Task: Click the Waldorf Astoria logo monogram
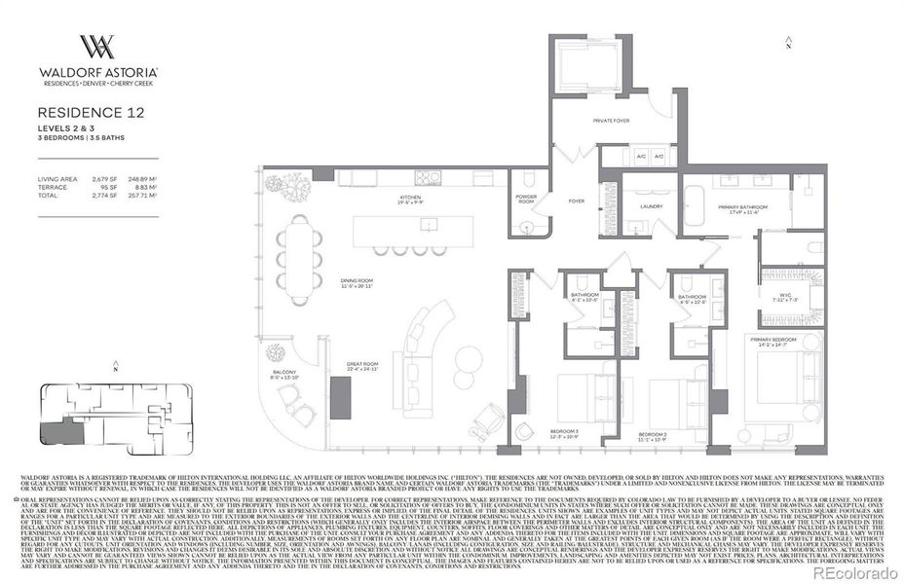(x=97, y=47)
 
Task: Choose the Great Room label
(x=362, y=368)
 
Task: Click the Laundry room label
(x=651, y=206)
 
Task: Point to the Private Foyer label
(x=611, y=121)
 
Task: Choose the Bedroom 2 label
(x=652, y=436)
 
